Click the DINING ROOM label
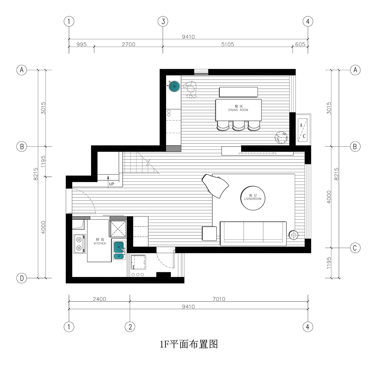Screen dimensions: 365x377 point(238,110)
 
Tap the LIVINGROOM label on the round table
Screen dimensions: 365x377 point(253,199)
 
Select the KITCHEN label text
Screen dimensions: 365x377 point(100,244)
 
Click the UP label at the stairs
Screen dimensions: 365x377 point(111,184)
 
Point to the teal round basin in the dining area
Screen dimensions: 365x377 point(174,86)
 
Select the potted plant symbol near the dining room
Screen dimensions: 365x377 point(280,137)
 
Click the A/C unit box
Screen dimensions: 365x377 point(303,128)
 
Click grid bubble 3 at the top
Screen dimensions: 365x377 point(163,21)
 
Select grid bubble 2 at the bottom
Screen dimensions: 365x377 point(130,326)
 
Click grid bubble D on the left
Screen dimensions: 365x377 point(22,279)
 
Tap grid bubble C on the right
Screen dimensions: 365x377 point(355,248)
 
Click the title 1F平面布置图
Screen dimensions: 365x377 point(188,344)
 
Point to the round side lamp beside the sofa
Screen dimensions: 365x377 point(294,234)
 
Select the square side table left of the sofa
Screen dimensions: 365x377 point(209,234)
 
